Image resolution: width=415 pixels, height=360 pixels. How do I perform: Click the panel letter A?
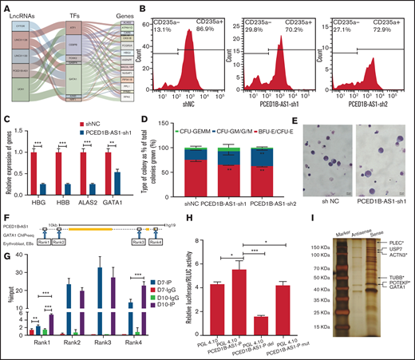tap(6, 6)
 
